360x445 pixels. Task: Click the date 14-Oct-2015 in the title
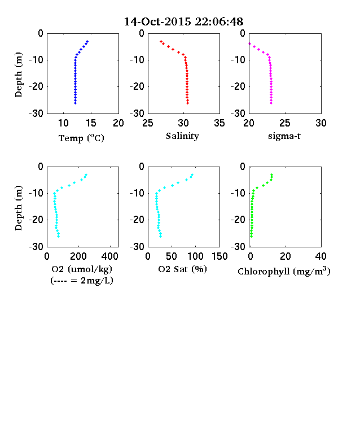click(x=158, y=21)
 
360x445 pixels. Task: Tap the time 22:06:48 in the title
click(x=219, y=21)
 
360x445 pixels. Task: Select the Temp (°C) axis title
click(x=81, y=138)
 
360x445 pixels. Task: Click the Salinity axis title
click(x=183, y=136)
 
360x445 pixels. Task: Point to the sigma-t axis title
click(x=284, y=136)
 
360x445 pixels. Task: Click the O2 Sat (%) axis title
click(x=183, y=269)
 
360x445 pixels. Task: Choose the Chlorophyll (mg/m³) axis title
click(x=284, y=271)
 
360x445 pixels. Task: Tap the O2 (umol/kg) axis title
click(x=82, y=269)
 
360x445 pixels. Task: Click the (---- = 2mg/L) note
click(x=82, y=281)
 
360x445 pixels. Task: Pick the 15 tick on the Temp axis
click(x=91, y=123)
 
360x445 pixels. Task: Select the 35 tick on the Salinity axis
click(x=219, y=123)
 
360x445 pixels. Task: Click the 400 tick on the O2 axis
click(x=110, y=256)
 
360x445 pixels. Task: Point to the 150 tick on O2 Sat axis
click(x=219, y=256)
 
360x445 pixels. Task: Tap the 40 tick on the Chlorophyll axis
click(x=321, y=256)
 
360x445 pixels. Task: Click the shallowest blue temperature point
click(x=87, y=41)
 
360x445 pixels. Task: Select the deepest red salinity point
click(x=188, y=103)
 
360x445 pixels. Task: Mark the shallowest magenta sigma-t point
click(x=250, y=43)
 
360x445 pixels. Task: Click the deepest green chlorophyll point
click(x=251, y=236)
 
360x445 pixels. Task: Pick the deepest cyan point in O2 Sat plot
click(x=161, y=236)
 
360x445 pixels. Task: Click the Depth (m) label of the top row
click(x=19, y=75)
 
